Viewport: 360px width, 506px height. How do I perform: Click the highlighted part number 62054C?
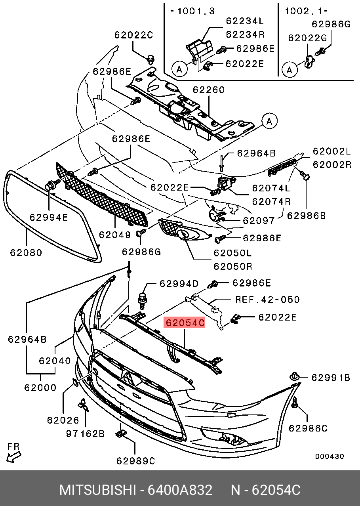[185, 323]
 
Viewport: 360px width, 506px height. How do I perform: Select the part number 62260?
[209, 90]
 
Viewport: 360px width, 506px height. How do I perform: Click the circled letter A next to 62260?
[269, 122]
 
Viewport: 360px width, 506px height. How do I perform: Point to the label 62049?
[115, 235]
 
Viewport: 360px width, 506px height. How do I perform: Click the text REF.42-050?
[267, 300]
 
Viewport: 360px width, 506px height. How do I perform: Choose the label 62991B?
[330, 378]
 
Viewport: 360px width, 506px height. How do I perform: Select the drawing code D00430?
[329, 456]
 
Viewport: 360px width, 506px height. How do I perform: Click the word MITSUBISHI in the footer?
[97, 490]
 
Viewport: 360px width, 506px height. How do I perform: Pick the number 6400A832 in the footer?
[180, 490]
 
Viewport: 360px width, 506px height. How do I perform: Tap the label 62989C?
[135, 461]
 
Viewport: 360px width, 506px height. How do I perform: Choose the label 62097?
[258, 221]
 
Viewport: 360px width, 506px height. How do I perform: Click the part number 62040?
[55, 361]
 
